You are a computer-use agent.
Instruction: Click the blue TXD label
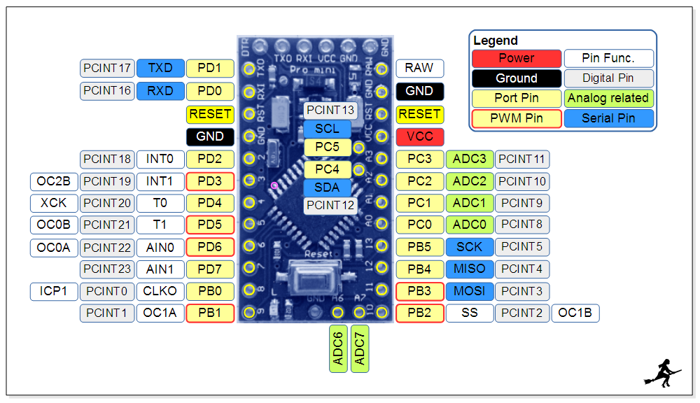pyautogui.click(x=160, y=68)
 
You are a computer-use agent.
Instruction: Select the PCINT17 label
pyautogui.click(x=107, y=68)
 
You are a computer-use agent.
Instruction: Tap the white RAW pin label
pyautogui.click(x=419, y=68)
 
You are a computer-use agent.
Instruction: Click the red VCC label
pyautogui.click(x=419, y=136)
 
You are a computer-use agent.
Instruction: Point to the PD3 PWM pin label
pyautogui.click(x=210, y=181)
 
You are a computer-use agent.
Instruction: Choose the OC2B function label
pyautogui.click(x=54, y=181)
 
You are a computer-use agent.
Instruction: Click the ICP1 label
pyautogui.click(x=54, y=290)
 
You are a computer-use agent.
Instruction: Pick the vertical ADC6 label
pyautogui.click(x=338, y=348)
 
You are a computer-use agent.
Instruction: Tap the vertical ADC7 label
pyautogui.click(x=360, y=348)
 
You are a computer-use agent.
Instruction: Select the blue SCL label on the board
pyautogui.click(x=327, y=129)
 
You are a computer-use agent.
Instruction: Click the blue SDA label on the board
pyautogui.click(x=327, y=187)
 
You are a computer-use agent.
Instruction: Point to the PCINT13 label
pyautogui.click(x=330, y=110)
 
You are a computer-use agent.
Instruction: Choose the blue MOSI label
pyautogui.click(x=469, y=290)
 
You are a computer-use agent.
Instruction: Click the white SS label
pyautogui.click(x=469, y=313)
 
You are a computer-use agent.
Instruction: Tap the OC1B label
pyautogui.click(x=575, y=313)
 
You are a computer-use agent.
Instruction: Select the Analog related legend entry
pyautogui.click(x=608, y=98)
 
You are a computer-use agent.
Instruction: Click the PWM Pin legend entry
pyautogui.click(x=517, y=118)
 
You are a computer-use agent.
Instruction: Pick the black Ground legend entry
pyautogui.click(x=517, y=78)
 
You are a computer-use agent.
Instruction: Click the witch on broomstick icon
pyautogui.click(x=661, y=372)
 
